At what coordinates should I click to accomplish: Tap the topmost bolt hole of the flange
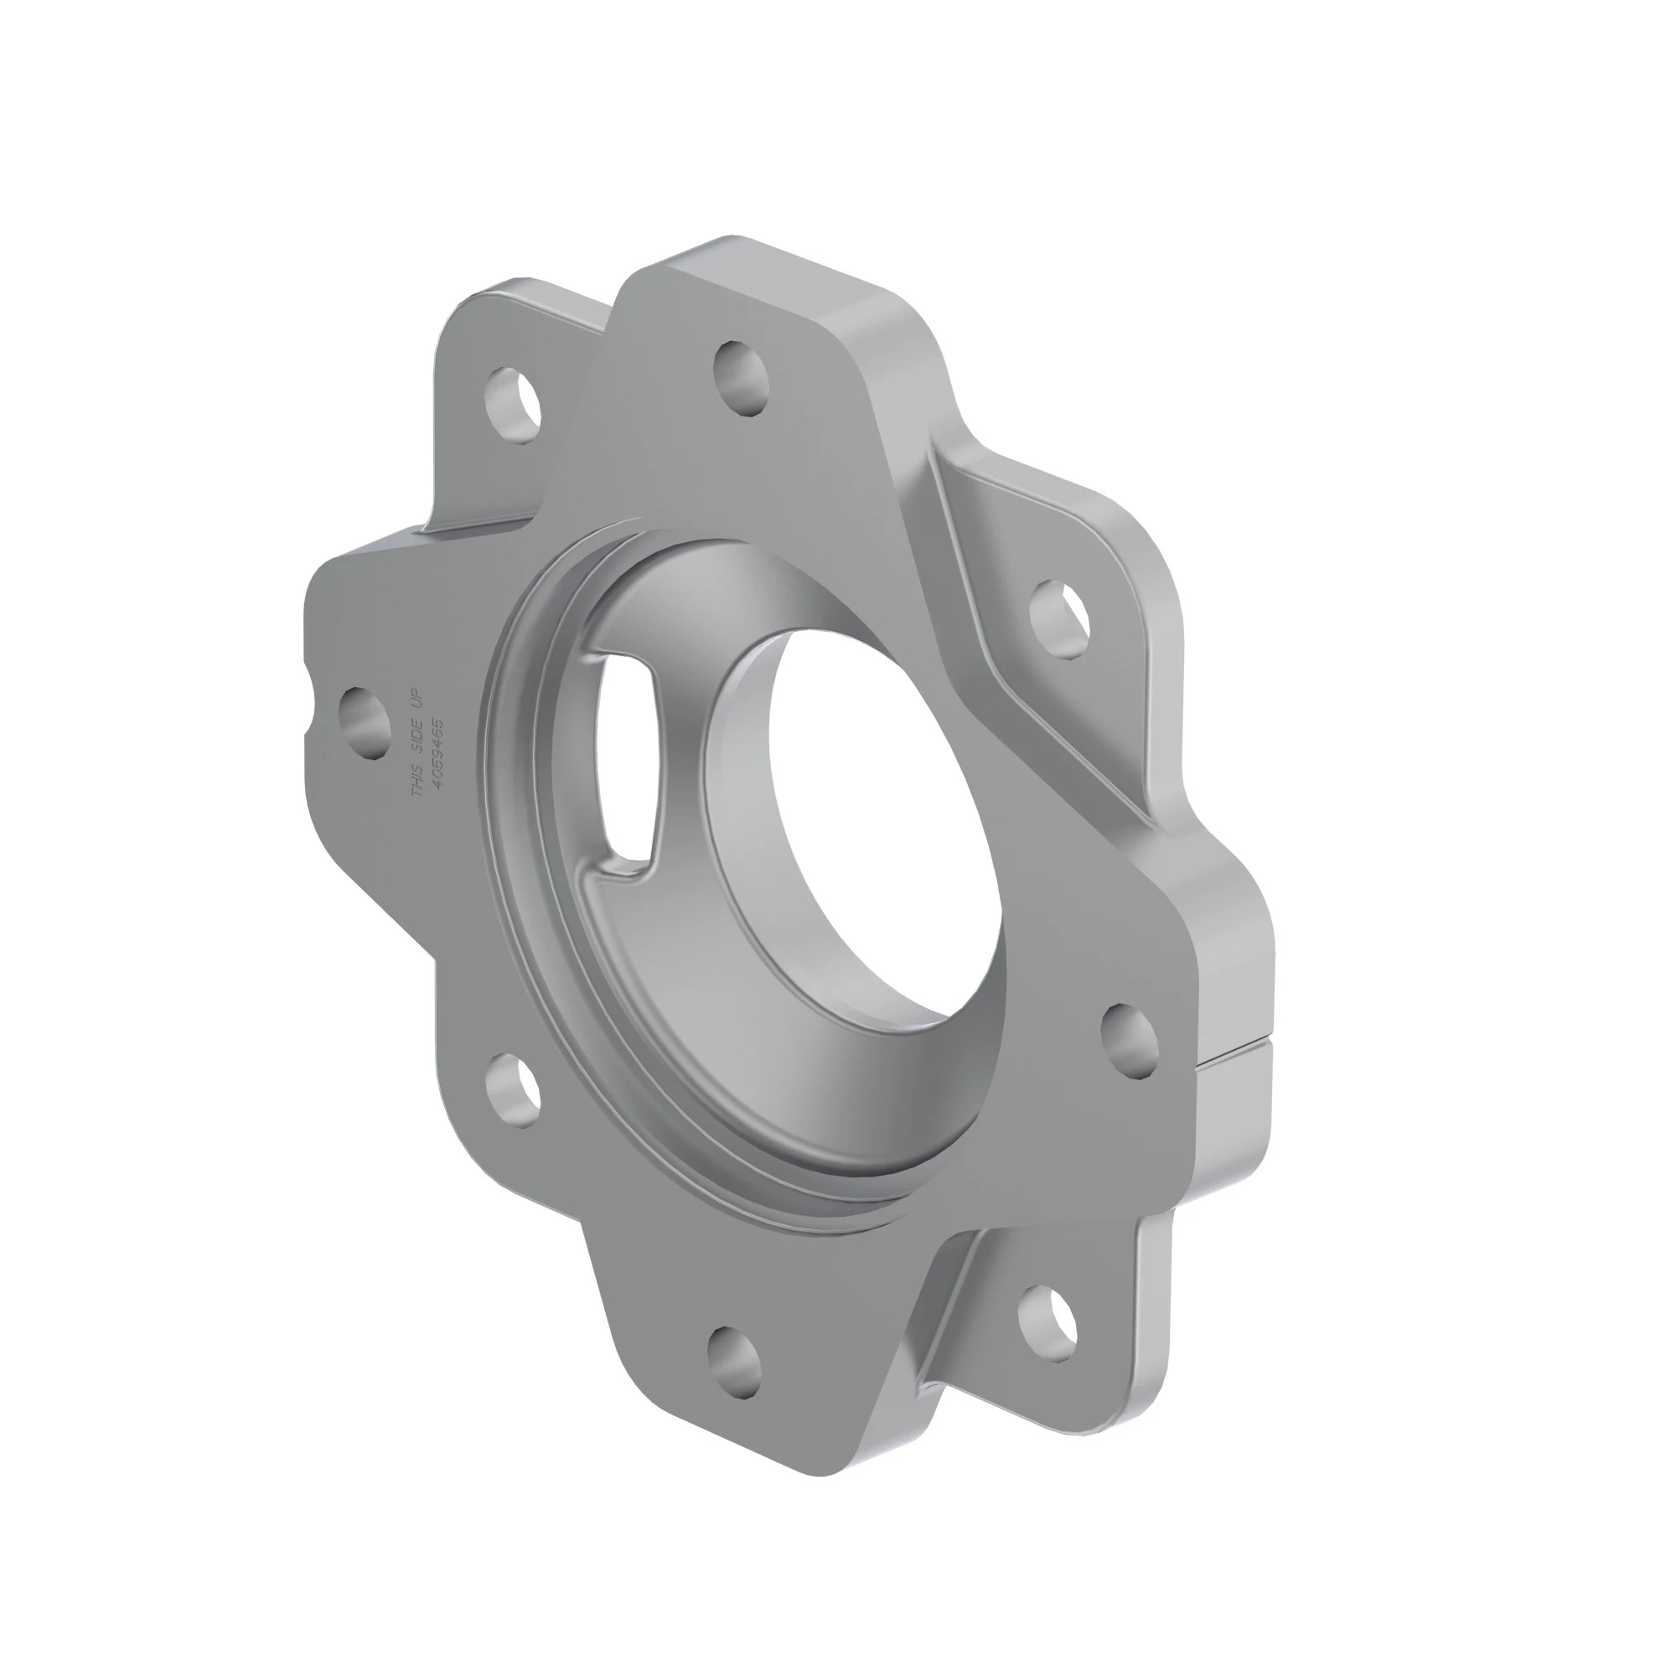click(x=742, y=379)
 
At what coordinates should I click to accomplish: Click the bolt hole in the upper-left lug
click(x=514, y=406)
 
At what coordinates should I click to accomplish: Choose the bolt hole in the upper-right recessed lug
click(x=1059, y=618)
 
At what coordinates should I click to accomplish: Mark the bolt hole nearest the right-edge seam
click(x=1130, y=1040)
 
